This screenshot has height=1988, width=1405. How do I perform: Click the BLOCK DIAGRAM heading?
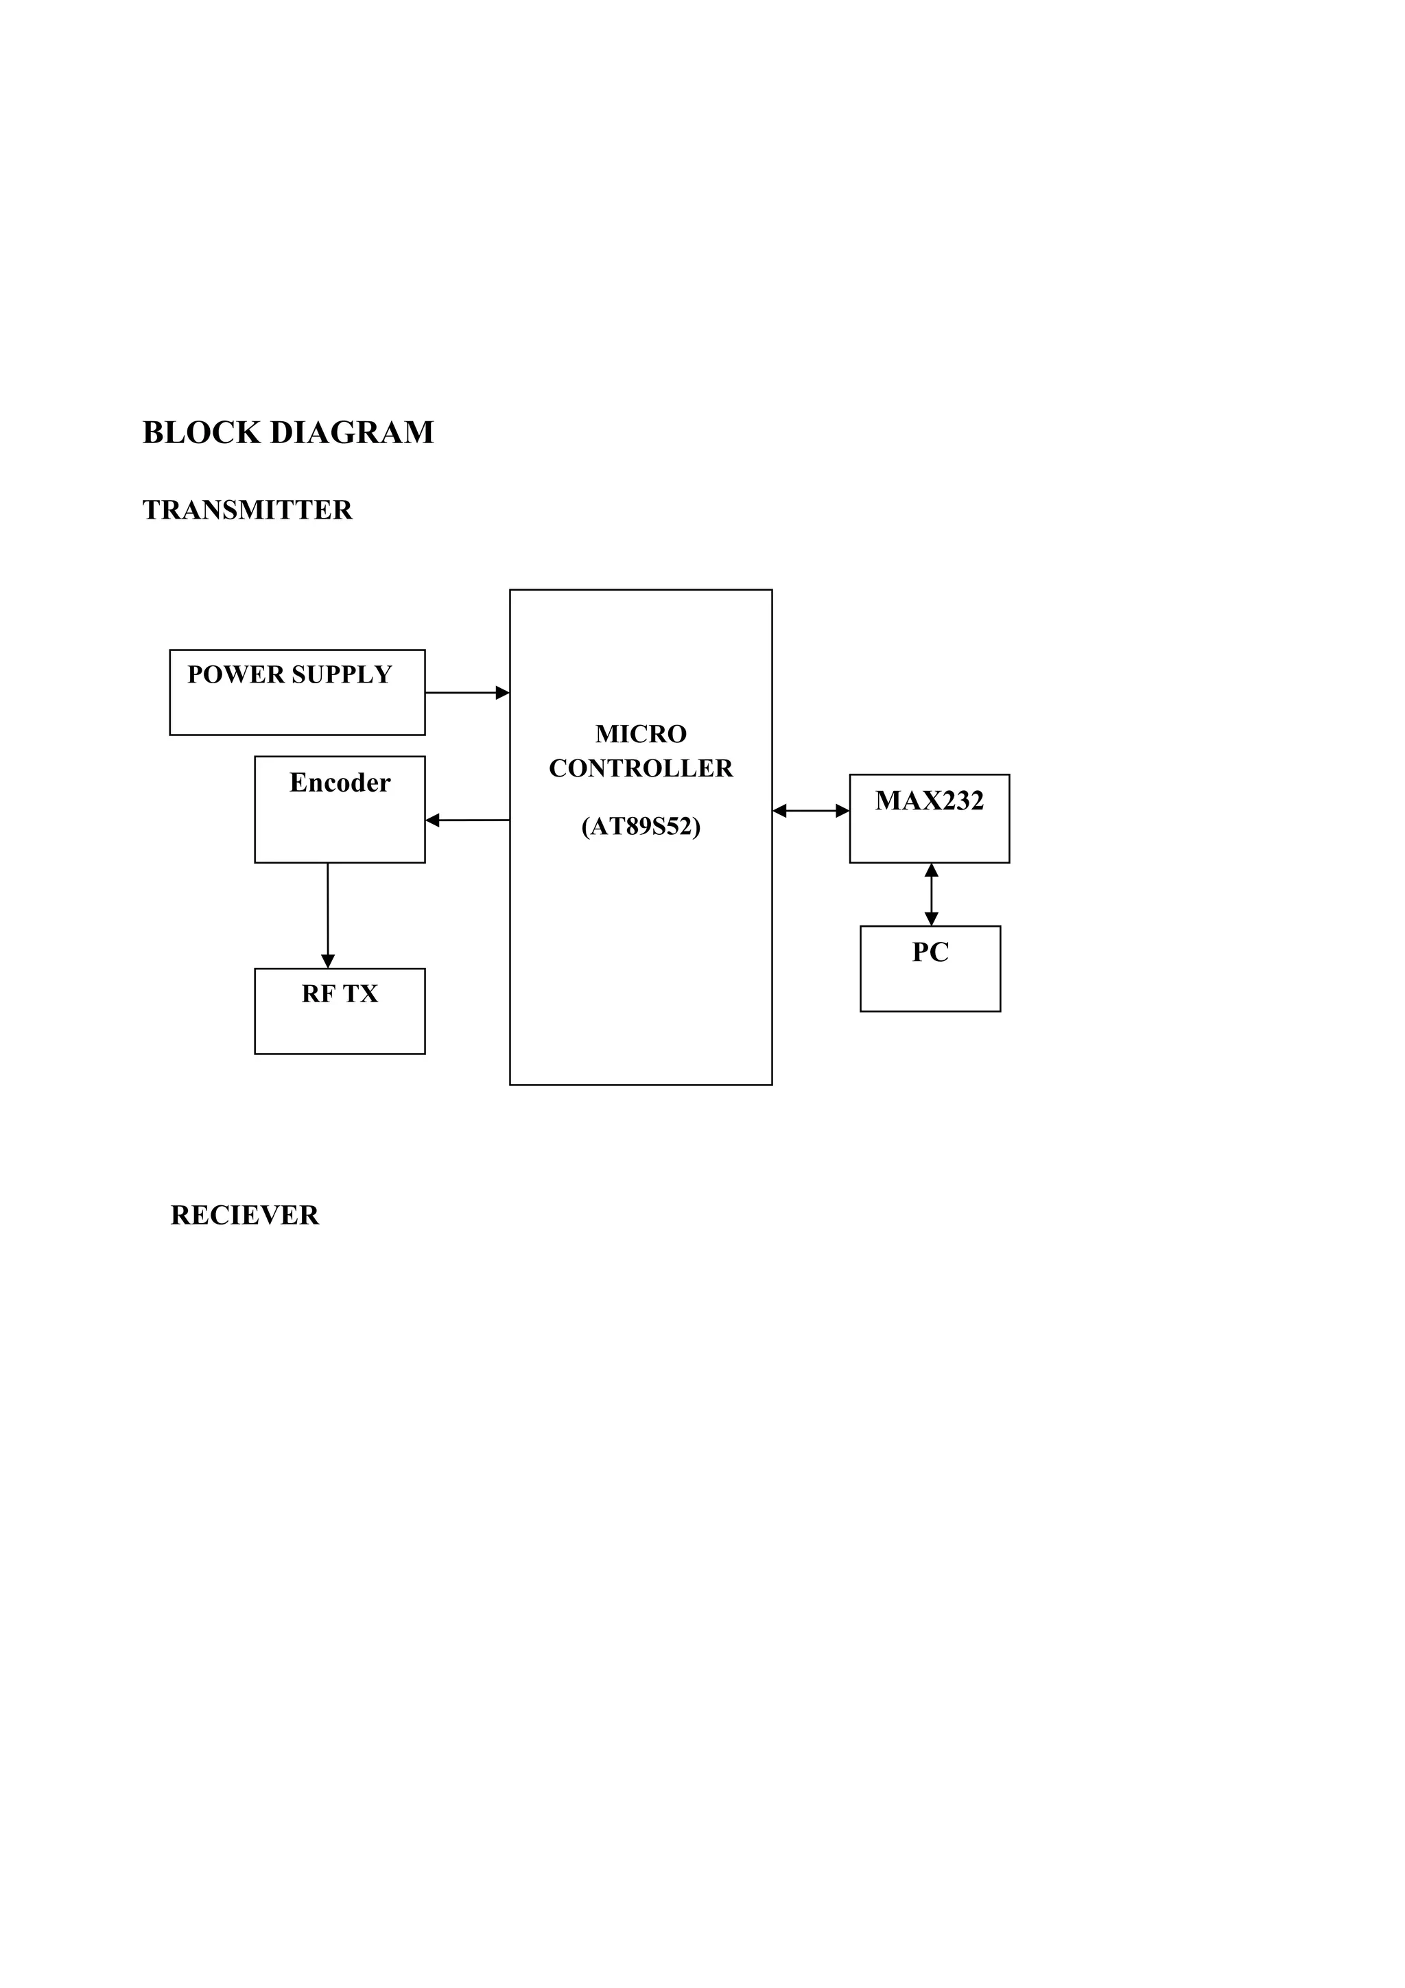(x=287, y=433)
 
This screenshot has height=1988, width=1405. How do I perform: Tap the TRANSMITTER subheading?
(x=248, y=510)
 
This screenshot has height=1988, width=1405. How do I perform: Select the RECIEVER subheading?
(x=245, y=1216)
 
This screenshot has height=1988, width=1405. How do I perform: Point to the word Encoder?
(x=340, y=783)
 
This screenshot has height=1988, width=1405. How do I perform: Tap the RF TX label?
(x=340, y=994)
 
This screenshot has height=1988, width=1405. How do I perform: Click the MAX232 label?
(x=929, y=801)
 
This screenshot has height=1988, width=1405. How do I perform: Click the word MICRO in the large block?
(x=641, y=734)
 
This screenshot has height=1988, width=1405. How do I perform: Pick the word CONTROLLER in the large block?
(x=641, y=769)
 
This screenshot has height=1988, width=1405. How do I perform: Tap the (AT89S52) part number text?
(x=641, y=827)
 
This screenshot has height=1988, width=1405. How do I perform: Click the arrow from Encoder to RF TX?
(x=328, y=914)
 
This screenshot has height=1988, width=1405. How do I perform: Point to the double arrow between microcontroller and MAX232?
(x=810, y=812)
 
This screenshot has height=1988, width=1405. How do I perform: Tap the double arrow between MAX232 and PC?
(x=932, y=895)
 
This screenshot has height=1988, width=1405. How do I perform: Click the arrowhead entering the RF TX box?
(x=328, y=961)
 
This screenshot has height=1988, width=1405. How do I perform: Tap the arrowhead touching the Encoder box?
(x=433, y=820)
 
